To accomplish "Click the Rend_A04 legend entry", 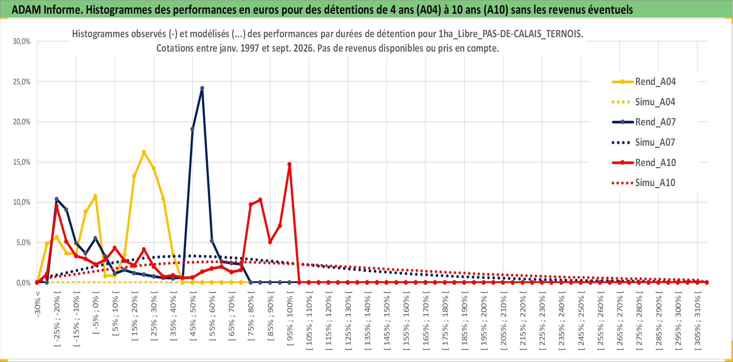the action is coord(644,82).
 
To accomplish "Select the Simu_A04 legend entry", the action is coord(644,102).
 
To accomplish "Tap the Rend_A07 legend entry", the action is coord(644,122).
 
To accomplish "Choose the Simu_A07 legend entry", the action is coord(644,143).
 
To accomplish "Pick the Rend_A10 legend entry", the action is coord(644,163).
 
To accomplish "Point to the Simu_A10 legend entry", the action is coord(644,183).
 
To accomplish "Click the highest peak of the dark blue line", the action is coord(202,88).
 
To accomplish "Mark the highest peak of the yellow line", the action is coord(144,152).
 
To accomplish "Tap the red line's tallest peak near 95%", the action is coord(290,164).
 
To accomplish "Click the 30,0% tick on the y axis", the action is coord(22,41).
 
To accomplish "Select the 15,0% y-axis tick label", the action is coord(22,162).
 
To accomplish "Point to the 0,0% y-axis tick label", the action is coord(24,283).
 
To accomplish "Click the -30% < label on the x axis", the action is coord(38,304).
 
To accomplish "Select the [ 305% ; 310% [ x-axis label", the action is coord(698,321).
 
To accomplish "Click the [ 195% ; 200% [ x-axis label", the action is coord(484,321).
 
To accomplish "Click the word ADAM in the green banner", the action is coord(26,10).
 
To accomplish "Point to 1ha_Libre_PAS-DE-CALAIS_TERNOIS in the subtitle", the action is coord(511,34).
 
